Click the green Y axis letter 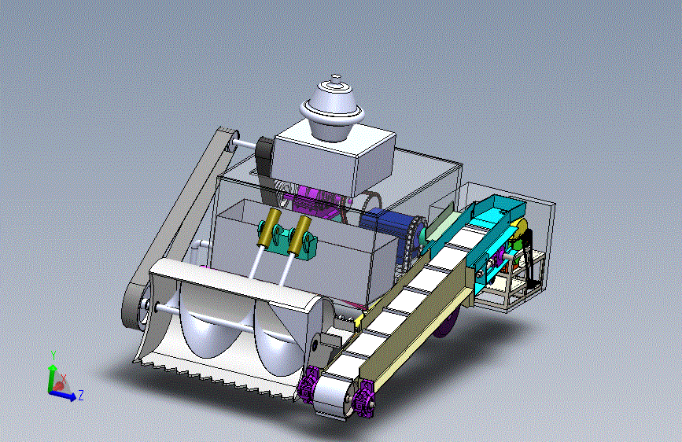(x=53, y=355)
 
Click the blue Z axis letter (x=80, y=395)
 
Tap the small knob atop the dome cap (x=335, y=79)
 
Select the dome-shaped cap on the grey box (x=332, y=108)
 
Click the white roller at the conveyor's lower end (x=334, y=396)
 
